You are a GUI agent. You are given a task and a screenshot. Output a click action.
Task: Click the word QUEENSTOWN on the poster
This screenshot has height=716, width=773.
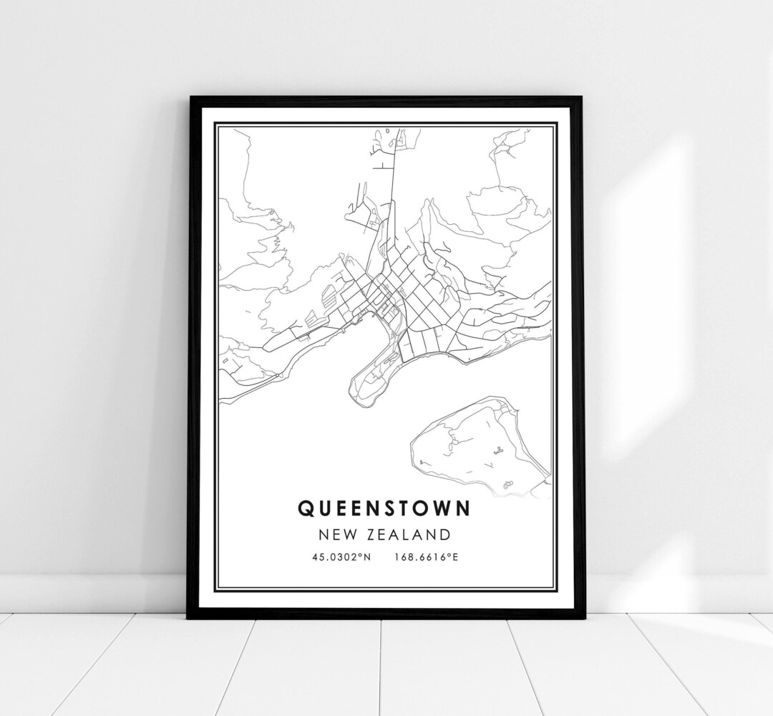[384, 508]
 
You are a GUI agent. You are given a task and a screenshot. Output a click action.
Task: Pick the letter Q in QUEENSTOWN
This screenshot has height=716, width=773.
[304, 508]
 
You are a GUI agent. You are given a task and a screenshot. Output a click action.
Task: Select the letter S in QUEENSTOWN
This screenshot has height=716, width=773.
[382, 508]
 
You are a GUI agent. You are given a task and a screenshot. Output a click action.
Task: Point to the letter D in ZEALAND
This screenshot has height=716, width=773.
[445, 534]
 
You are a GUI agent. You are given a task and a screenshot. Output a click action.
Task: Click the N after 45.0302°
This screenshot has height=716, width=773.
[367, 556]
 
